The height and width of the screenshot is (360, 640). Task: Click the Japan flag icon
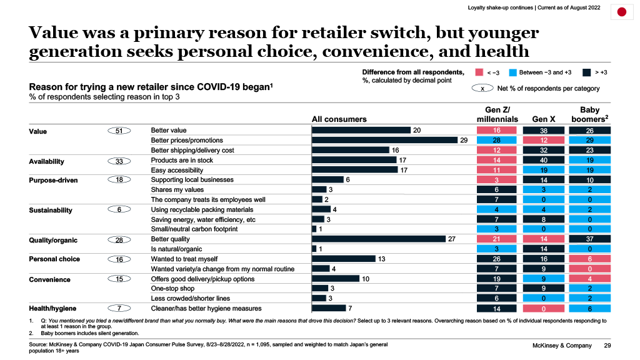(622, 12)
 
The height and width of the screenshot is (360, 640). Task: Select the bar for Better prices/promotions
(384, 140)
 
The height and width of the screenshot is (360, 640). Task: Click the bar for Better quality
(378, 239)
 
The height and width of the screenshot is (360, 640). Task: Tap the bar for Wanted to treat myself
(343, 259)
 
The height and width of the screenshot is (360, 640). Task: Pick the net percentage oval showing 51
(118, 131)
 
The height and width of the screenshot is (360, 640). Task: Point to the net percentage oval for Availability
(118, 161)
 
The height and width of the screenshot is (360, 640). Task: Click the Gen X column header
(543, 119)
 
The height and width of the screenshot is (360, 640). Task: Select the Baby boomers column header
(589, 114)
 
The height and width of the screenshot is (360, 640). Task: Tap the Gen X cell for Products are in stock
(543, 160)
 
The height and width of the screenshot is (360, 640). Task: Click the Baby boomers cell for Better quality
(589, 239)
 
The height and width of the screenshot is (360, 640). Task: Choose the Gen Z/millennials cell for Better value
(497, 130)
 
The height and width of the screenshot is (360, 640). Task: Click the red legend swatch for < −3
(479, 72)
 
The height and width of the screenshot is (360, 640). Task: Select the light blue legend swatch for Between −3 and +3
(513, 72)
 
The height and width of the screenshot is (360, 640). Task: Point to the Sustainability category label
(51, 211)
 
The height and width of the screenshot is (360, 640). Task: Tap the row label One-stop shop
(173, 289)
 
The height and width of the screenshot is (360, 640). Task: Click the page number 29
(607, 346)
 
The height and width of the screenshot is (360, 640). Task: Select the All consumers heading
(339, 119)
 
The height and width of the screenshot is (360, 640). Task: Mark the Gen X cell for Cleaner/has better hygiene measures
(543, 308)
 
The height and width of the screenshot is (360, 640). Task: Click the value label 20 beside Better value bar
(417, 130)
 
